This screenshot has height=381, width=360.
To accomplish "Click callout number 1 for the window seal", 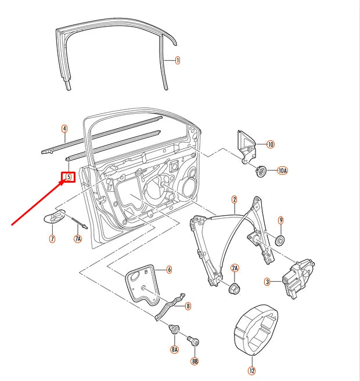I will coord(177,60).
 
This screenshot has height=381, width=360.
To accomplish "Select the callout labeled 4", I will coord(64,129).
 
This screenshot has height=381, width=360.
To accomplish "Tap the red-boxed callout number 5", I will coord(69,176).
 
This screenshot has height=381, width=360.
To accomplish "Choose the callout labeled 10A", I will coord(282,170).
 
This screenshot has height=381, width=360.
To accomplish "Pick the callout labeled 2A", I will coord(235,268).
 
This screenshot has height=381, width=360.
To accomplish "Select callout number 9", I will coord(280,220).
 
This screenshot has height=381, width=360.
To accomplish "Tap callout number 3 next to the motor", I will coord(268,282).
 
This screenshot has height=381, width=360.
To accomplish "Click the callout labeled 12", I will coord(251,371).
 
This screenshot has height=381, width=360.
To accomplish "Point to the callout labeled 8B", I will coord(194,360).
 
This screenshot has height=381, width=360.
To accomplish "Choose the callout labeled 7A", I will coord(77,238).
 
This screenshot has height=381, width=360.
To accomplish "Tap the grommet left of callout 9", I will coord(279,240).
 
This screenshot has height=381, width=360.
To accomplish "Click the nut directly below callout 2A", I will coord(235,288).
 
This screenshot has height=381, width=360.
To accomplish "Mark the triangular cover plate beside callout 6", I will coord(142,284).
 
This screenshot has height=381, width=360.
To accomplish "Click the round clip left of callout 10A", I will coord(261,170).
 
